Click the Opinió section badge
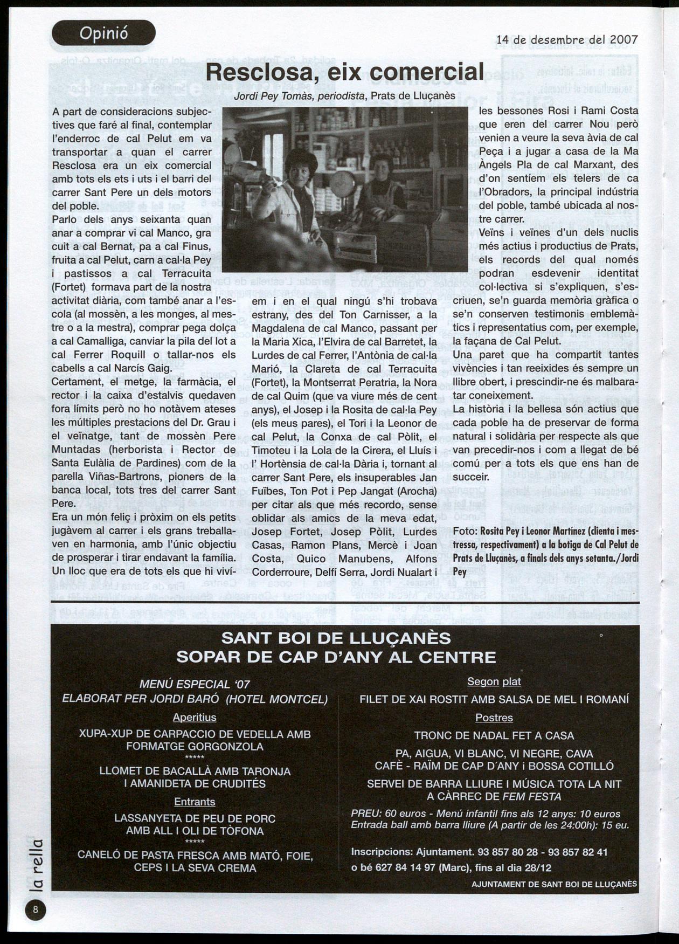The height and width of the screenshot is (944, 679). pyautogui.click(x=103, y=33)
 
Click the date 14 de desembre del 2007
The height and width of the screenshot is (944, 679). pyautogui.click(x=567, y=39)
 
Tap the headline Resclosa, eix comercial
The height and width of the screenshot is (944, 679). pyautogui.click(x=345, y=72)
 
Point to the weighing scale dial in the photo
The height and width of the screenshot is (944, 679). pyautogui.click(x=343, y=183)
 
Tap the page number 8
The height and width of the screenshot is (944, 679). pyautogui.click(x=36, y=910)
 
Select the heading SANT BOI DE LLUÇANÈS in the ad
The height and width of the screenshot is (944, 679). pyautogui.click(x=336, y=638)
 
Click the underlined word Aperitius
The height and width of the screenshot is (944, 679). pyautogui.click(x=195, y=718)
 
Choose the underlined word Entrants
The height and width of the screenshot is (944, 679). pyautogui.click(x=195, y=802)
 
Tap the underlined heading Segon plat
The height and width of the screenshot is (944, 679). pyautogui.click(x=494, y=681)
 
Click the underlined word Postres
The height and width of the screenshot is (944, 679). pyautogui.click(x=494, y=718)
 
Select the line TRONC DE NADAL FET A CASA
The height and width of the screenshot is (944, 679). pyautogui.click(x=494, y=735)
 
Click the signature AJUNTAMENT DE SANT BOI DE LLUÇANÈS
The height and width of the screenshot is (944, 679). pyautogui.click(x=554, y=884)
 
